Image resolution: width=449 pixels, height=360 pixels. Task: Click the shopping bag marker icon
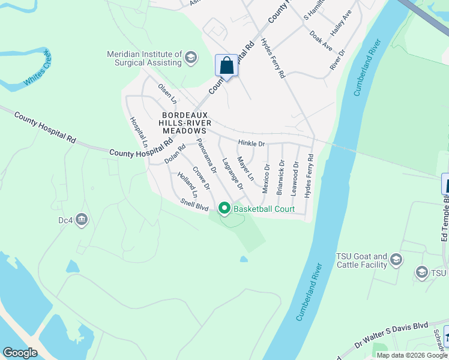227,65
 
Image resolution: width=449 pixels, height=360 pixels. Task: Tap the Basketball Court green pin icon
224,209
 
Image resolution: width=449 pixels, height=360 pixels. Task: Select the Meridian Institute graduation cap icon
191,58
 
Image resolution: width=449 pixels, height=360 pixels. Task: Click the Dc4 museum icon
82,220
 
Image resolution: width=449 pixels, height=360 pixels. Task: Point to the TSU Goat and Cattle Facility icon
395,259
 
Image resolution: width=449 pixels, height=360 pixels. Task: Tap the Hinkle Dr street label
251,144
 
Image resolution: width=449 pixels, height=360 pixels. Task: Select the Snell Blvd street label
194,205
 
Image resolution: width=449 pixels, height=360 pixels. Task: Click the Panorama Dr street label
205,157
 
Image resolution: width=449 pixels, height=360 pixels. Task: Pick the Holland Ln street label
187,185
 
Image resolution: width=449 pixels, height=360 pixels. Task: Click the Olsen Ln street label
167,92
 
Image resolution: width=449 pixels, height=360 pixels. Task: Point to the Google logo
20,353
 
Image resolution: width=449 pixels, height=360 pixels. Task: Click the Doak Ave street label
321,40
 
